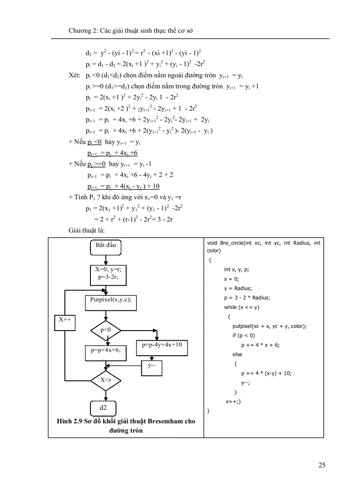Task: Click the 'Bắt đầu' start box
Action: coord(105,246)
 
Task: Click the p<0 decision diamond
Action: coord(105,329)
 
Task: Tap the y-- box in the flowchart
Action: coord(152,366)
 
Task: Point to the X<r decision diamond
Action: coord(105,380)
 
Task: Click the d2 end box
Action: coord(103,407)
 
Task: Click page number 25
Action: coord(322,465)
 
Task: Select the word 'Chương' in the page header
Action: coord(79,31)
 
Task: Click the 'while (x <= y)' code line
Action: coord(242,307)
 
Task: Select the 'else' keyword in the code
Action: coord(237,354)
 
